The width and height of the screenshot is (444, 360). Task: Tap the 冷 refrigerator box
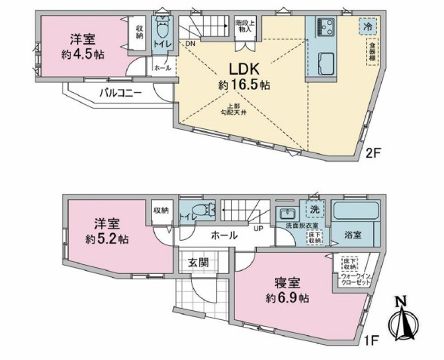tap(366, 24)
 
